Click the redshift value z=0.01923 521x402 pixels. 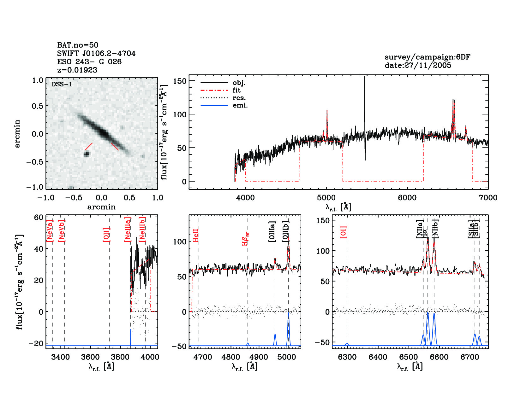pos(77,70)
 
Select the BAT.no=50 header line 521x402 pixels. pos(78,45)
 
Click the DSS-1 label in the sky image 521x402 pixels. pos(62,84)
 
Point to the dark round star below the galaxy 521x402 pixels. pos(87,154)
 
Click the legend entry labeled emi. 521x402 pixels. pos(240,105)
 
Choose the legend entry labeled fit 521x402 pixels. pos(237,90)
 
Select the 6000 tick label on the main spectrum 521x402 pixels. pos(407,198)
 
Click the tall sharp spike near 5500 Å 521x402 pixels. pos(364,95)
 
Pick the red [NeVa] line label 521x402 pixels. pos(50,231)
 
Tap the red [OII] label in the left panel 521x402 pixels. pos(106,234)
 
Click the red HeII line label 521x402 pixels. pos(196,235)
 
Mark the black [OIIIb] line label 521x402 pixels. pos(286,231)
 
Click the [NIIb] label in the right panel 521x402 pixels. pos(435,228)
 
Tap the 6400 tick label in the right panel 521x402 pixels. pos(378,357)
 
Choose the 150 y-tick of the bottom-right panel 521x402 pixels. pos(323,220)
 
